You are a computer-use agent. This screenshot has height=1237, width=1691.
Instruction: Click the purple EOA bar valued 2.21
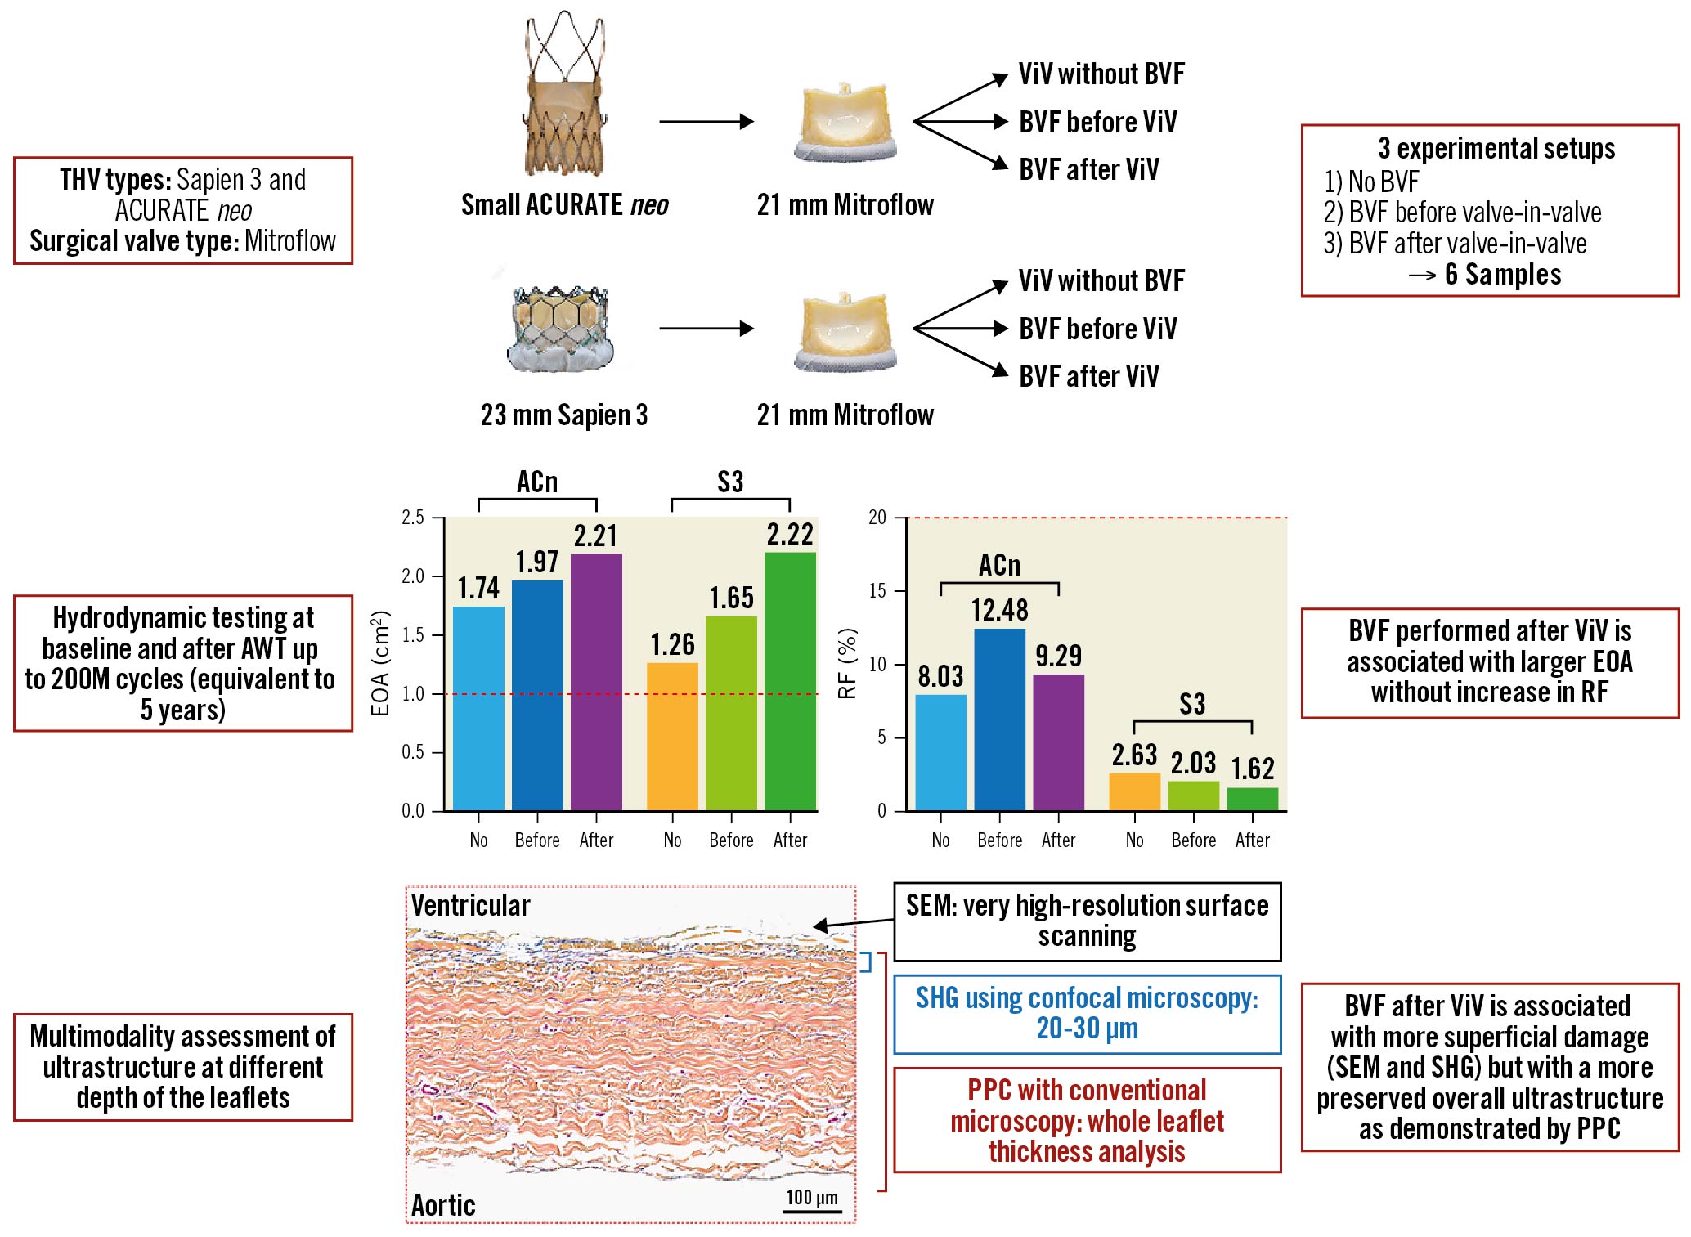596,682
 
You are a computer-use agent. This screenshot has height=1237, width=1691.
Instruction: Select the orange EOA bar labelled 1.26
672,736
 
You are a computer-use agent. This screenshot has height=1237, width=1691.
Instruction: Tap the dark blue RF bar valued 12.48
999,719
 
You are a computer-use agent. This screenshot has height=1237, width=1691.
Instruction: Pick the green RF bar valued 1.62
1252,799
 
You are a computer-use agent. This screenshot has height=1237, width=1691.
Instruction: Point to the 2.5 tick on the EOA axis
413,518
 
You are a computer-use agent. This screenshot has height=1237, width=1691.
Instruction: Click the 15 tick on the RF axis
877,590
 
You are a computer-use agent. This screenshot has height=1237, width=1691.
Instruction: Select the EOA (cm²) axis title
381,664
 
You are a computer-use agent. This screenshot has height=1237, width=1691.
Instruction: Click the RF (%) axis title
848,664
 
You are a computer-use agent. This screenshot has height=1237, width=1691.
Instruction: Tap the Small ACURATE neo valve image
564,94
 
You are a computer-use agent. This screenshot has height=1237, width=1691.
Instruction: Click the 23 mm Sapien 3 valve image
559,329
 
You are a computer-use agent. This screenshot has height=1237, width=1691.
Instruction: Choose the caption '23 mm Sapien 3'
563,415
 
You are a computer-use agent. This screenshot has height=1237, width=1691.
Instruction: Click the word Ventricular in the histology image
470,905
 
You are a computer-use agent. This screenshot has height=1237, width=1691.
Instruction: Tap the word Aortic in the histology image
443,1205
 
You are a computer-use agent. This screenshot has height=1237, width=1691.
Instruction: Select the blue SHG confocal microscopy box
1087,1014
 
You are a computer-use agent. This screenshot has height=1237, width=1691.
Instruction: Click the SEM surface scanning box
1087,921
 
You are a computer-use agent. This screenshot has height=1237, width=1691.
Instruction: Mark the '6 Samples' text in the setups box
1503,275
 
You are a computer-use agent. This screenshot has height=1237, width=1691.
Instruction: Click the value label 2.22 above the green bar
790,535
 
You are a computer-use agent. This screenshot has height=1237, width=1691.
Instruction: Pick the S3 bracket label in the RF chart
1192,704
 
